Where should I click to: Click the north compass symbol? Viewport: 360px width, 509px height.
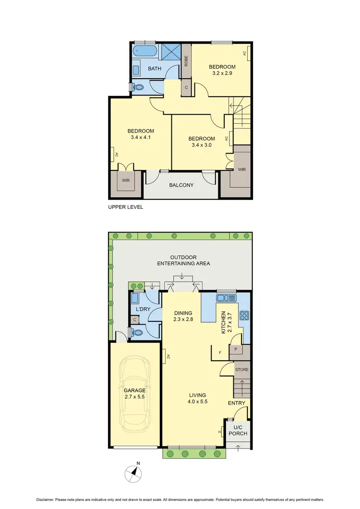pyautogui.click(x=134, y=474)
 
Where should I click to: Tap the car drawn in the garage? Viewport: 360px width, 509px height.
pyautogui.click(x=135, y=393)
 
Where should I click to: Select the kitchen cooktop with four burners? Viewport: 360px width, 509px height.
pyautogui.click(x=243, y=315)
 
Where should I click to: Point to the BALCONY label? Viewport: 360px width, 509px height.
pyautogui.click(x=181, y=185)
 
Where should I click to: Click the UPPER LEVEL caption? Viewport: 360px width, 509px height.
pyautogui.click(x=126, y=207)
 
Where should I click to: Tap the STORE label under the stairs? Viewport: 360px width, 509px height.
pyautogui.click(x=242, y=369)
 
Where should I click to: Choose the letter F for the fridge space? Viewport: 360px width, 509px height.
pyautogui.click(x=220, y=352)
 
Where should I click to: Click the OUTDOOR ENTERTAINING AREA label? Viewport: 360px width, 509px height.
pyautogui.click(x=184, y=260)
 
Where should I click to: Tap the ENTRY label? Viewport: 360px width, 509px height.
pyautogui.click(x=237, y=403)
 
